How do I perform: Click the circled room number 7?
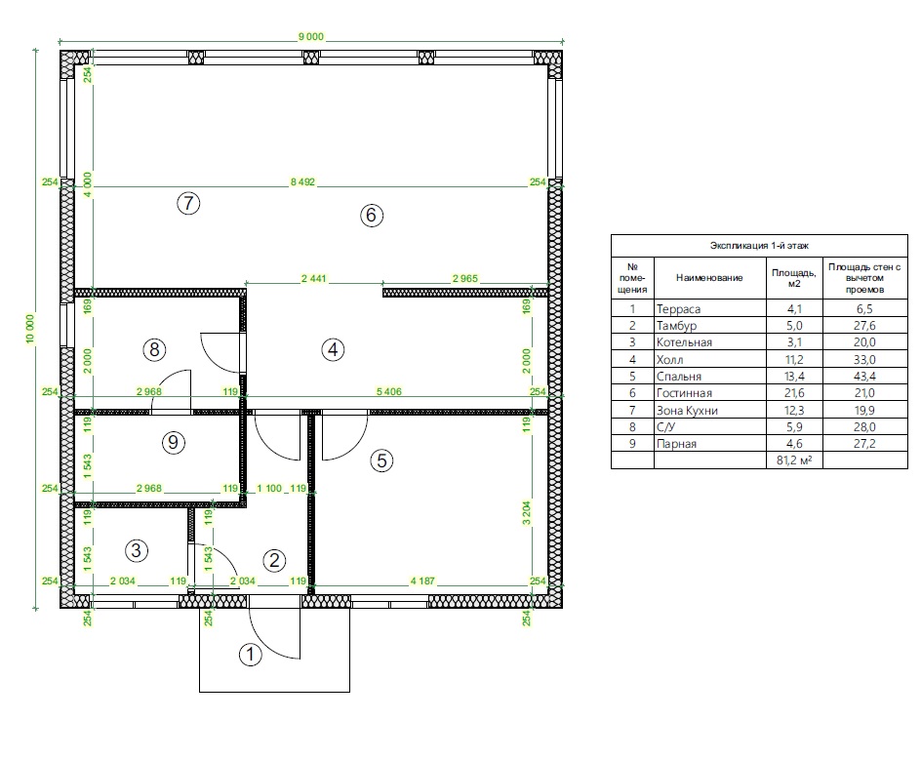tap(188, 203)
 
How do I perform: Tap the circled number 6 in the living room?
tap(371, 215)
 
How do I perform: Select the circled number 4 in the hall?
tap(333, 350)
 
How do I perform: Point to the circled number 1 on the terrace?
tap(251, 655)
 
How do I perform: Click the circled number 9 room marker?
tap(174, 442)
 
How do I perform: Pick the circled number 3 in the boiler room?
tap(137, 550)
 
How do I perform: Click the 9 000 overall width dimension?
tap(310, 36)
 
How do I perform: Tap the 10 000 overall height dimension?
tap(30, 329)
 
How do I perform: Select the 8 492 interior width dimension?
tap(302, 182)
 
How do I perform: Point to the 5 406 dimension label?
tap(389, 392)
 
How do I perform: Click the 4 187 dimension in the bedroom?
tap(422, 580)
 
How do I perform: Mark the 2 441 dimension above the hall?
tap(313, 278)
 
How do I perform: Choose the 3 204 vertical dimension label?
tap(526, 513)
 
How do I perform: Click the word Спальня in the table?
tap(678, 377)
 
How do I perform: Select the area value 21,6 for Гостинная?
tap(793, 393)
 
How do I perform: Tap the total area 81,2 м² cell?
tap(794, 460)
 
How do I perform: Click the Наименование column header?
tap(709, 278)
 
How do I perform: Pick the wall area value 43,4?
tap(864, 376)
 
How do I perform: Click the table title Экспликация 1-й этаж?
tap(759, 246)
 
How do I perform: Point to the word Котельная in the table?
tap(684, 342)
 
